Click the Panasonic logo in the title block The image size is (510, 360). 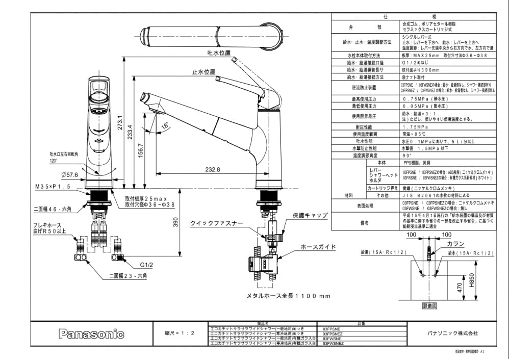[92, 335]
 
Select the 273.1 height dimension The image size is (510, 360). [118, 123]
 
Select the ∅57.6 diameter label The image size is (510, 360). [69, 175]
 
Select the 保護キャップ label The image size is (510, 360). [310, 216]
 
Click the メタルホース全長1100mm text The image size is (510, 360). [288, 296]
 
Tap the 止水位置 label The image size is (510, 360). [203, 72]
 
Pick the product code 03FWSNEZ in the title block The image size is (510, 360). [334, 344]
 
